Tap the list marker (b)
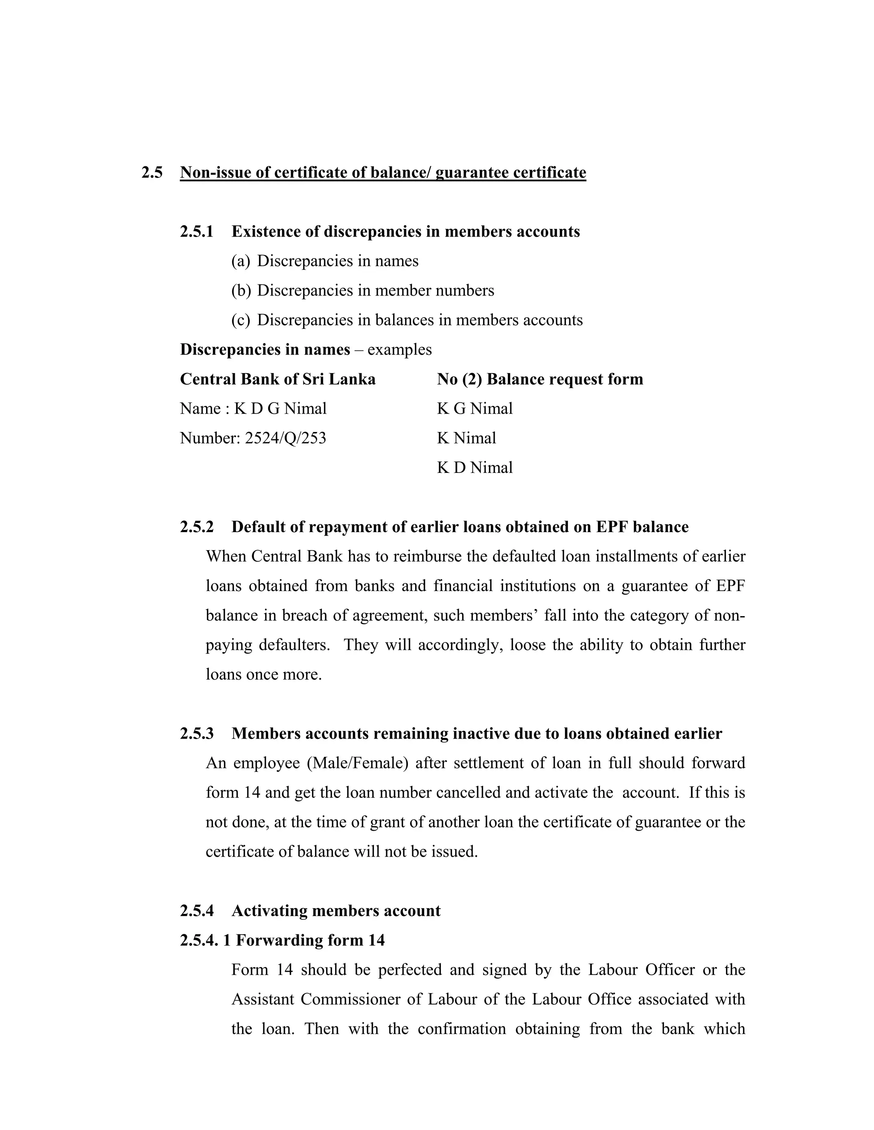tap(241, 290)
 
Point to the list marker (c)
tap(241, 320)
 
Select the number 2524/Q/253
tap(286, 438)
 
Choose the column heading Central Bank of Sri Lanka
tap(277, 379)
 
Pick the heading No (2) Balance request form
tap(539, 379)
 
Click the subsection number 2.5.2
tap(197, 527)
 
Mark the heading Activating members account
tap(335, 911)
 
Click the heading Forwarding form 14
tap(310, 940)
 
